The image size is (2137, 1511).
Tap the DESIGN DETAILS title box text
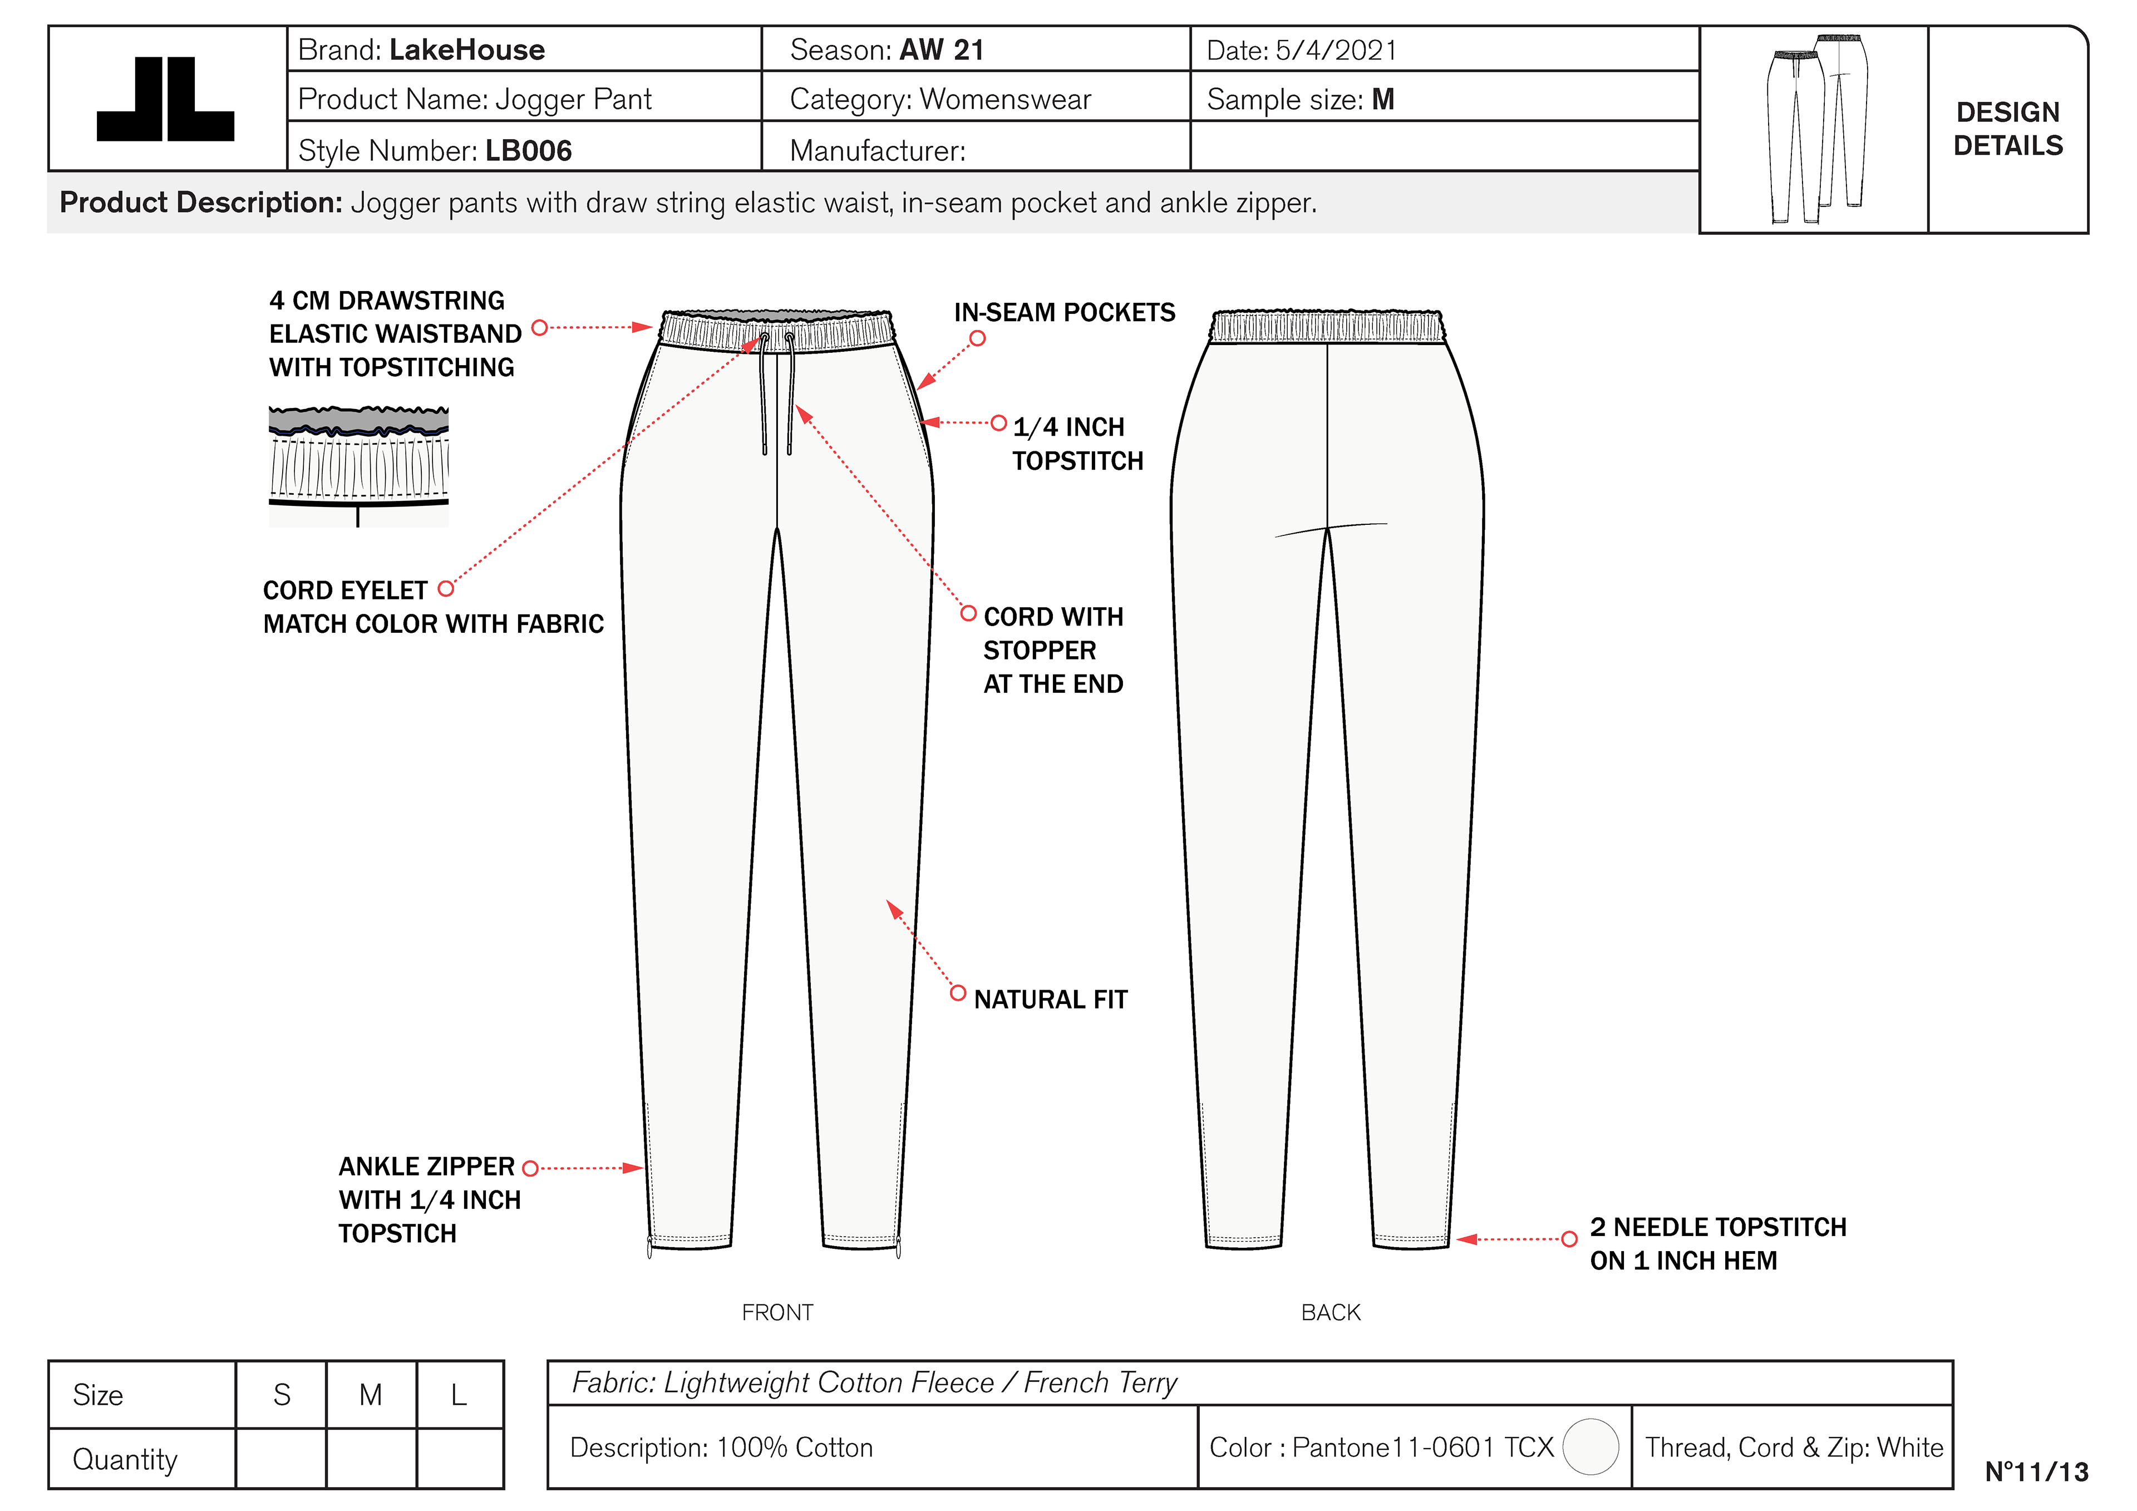(x=2008, y=129)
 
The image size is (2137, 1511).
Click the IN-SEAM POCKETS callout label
(x=1064, y=313)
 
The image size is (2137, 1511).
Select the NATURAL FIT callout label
(x=1050, y=1000)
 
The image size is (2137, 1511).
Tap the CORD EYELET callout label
(x=344, y=590)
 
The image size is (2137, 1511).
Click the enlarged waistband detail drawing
(x=358, y=465)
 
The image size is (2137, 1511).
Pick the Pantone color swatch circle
(x=1591, y=1447)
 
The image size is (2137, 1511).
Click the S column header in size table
(x=281, y=1395)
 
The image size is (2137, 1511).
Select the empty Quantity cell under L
(x=460, y=1458)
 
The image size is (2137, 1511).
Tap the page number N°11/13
(x=2036, y=1472)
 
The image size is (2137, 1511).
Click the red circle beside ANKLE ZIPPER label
(x=530, y=1168)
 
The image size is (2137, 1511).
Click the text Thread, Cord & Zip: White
(x=1794, y=1447)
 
